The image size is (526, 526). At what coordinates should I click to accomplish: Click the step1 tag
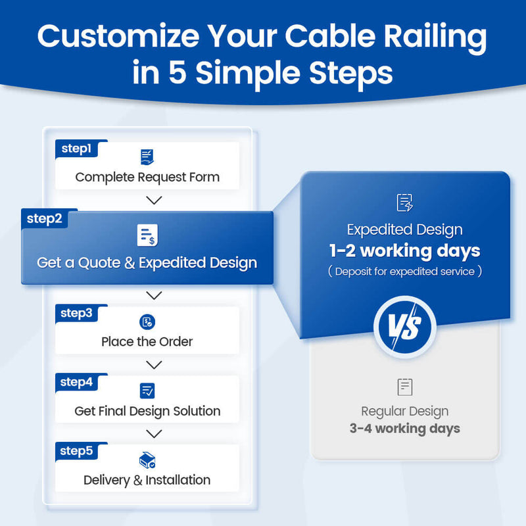(x=76, y=149)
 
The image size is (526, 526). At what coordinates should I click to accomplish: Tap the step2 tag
(x=45, y=218)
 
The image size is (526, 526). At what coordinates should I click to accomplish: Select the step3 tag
(x=76, y=313)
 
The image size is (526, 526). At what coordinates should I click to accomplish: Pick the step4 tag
(x=76, y=382)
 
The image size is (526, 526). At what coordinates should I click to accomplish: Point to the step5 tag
(x=76, y=451)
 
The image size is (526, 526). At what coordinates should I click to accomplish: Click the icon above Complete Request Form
(x=147, y=157)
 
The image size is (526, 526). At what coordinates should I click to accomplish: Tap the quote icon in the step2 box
(x=147, y=235)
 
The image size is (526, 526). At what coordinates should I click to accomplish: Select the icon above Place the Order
(x=147, y=322)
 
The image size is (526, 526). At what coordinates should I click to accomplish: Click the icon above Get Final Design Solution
(x=147, y=391)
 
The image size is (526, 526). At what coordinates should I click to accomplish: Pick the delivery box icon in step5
(x=147, y=460)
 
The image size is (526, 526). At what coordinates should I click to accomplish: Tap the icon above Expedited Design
(x=405, y=203)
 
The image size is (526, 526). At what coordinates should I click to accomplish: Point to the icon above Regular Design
(x=405, y=387)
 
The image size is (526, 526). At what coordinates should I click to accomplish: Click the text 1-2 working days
(x=405, y=251)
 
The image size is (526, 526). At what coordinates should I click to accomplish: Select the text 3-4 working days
(x=405, y=429)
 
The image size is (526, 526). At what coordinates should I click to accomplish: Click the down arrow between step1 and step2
(x=154, y=200)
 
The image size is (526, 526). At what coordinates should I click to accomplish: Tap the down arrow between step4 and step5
(x=154, y=434)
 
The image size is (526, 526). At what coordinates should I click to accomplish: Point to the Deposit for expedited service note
(x=405, y=272)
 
